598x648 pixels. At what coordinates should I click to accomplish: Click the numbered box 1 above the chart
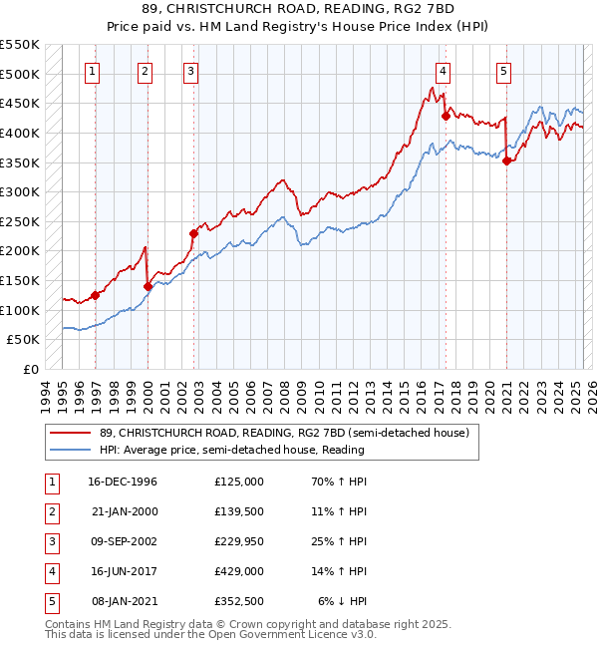[92, 71]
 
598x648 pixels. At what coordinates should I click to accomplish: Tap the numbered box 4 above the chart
[442, 71]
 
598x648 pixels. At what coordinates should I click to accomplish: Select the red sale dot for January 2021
[507, 161]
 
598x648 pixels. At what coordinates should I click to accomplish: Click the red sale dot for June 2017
[446, 116]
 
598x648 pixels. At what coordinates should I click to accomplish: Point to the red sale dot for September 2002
[194, 233]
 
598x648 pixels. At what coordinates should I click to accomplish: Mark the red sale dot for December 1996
[96, 295]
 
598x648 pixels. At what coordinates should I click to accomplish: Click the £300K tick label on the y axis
[20, 191]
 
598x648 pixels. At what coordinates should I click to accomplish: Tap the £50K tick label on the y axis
[24, 340]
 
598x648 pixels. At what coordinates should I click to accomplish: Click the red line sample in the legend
[70, 433]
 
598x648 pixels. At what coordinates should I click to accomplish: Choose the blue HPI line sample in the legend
[70, 450]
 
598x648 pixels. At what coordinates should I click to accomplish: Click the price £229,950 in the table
[239, 541]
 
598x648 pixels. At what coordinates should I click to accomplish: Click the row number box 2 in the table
[50, 511]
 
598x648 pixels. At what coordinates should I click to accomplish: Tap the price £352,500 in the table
[239, 601]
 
